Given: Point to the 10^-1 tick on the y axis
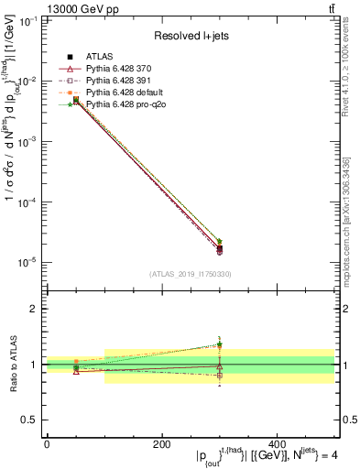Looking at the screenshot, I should [29, 21].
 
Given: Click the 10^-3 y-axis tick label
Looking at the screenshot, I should [29, 142].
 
